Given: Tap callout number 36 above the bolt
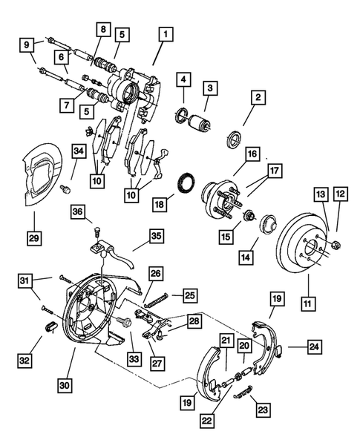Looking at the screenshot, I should (78, 213).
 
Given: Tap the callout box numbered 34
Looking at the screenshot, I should (78, 152).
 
